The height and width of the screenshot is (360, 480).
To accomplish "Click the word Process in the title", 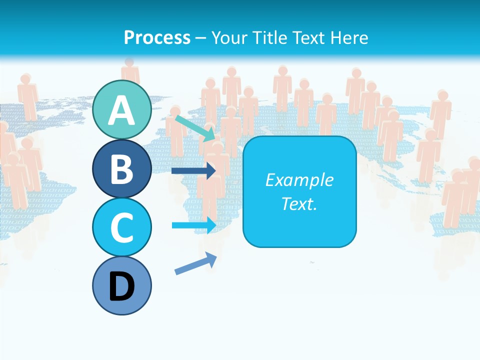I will (157, 37).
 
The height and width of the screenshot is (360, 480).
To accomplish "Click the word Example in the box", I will (299, 180).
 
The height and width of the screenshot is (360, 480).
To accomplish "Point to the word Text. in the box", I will (299, 203).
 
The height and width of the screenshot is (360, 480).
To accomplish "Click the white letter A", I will (122, 110).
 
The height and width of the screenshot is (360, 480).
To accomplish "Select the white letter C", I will (122, 227).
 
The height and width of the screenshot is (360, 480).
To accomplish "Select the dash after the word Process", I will (201, 38).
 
